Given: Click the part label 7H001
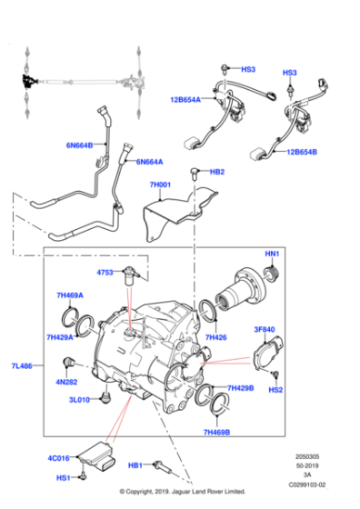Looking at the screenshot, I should tap(161, 185).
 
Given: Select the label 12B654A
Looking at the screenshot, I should tap(185, 100).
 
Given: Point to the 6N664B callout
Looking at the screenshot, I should tap(79, 145).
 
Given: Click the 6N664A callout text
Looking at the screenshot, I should tap(149, 162).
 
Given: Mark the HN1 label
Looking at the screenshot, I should tap(272, 254).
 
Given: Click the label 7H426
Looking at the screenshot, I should tap(216, 338).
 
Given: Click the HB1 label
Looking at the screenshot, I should tap(135, 465).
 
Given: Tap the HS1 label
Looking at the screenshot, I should tap(63, 478).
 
